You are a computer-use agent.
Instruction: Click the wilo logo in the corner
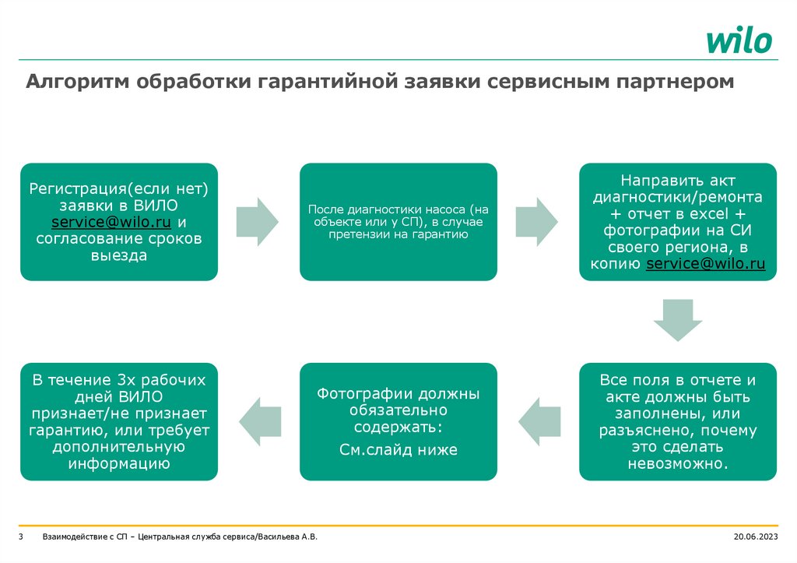(x=739, y=40)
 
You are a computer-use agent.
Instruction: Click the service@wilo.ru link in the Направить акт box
(x=706, y=264)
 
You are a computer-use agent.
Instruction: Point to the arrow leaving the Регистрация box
(x=257, y=221)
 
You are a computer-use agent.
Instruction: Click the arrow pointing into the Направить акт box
(x=537, y=221)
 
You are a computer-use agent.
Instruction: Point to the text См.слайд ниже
(x=398, y=449)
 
